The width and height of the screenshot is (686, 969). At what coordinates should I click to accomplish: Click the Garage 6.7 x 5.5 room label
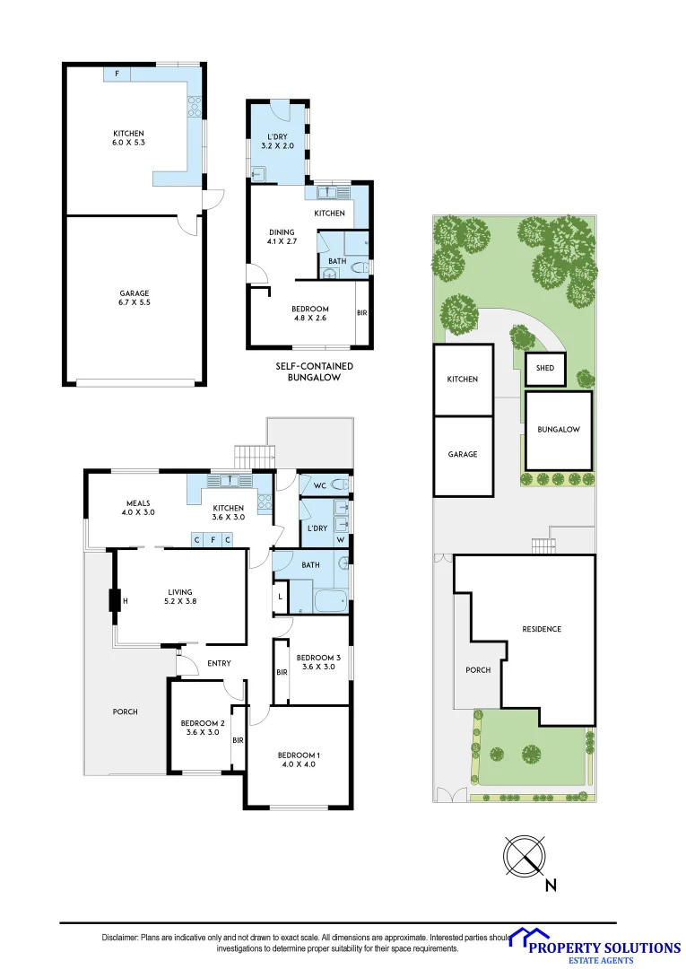point(135,298)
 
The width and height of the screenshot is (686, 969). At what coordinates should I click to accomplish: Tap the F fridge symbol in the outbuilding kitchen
point(117,74)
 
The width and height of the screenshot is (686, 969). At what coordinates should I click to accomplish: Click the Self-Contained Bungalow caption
point(314,371)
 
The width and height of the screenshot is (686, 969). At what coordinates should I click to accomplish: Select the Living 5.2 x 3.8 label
point(180,597)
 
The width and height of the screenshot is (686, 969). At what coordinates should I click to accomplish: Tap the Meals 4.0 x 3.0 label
point(137,508)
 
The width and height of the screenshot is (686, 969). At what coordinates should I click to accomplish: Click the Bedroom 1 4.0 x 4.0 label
point(299,760)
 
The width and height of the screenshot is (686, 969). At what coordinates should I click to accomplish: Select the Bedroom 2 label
point(202,728)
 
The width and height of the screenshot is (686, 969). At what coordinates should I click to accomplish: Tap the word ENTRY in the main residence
point(219,663)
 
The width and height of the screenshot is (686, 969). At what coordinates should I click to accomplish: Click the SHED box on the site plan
point(545,368)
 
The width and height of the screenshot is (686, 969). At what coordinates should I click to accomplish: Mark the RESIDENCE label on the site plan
point(542,629)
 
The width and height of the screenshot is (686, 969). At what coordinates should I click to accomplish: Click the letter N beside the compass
point(551,886)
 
